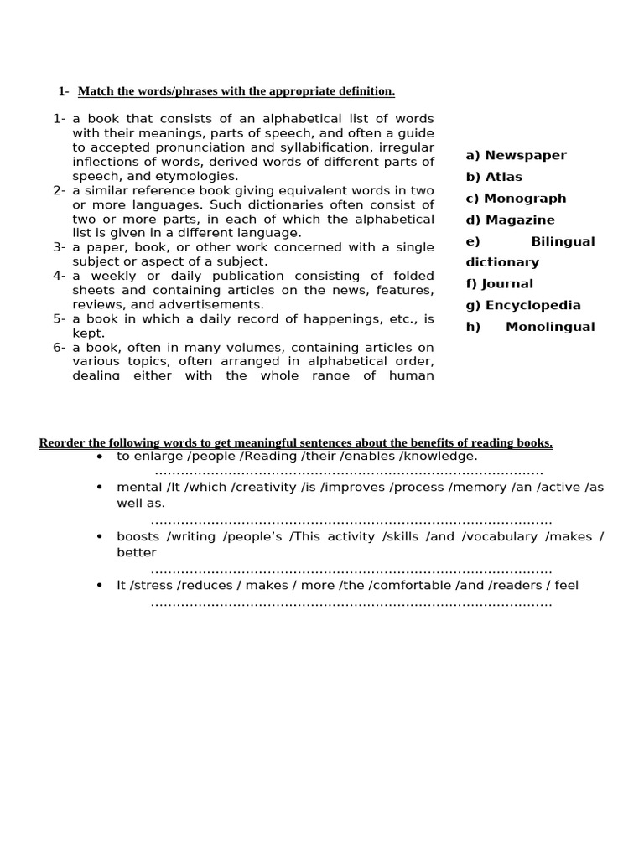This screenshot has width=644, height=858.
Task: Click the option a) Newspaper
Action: click(516, 155)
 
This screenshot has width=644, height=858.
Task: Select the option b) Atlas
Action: click(494, 177)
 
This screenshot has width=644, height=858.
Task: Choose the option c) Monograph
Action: click(516, 199)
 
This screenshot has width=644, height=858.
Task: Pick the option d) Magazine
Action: click(510, 220)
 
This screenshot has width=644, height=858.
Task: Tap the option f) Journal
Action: click(499, 284)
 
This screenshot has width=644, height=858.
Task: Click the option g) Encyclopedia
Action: click(523, 306)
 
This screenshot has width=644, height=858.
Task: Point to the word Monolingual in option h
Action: click(550, 327)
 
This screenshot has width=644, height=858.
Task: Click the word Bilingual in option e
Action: click(563, 241)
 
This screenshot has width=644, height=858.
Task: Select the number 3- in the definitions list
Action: click(60, 247)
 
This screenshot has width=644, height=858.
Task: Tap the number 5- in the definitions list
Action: click(60, 318)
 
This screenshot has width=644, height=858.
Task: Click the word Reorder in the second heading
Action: click(62, 442)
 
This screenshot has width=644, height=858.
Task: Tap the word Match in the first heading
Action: click(95, 90)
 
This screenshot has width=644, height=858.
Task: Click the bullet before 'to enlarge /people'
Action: click(100, 457)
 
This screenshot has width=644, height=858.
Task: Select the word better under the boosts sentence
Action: click(137, 552)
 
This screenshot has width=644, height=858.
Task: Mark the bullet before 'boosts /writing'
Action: click(100, 537)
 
